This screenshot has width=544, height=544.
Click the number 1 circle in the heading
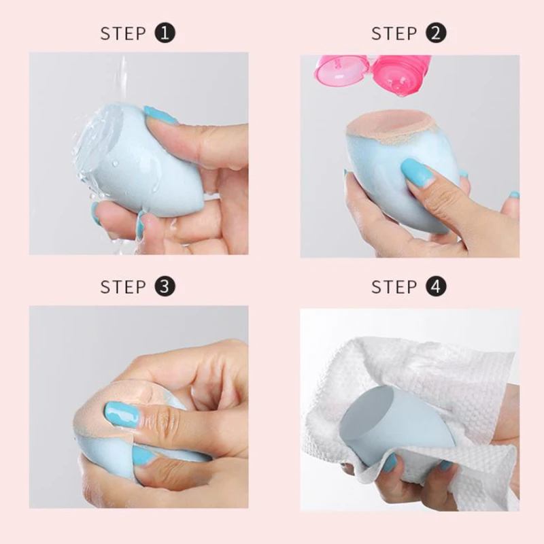(165, 33)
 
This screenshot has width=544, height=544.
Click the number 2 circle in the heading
(437, 33)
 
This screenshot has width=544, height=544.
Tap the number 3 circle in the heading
(165, 286)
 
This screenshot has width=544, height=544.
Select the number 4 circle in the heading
(437, 286)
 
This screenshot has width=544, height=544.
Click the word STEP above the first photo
(124, 33)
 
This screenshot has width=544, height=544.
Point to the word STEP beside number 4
(394, 287)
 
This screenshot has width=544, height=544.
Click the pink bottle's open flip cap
(340, 67)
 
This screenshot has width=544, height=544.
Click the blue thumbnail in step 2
(417, 173)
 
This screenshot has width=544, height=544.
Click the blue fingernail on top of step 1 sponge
(159, 115)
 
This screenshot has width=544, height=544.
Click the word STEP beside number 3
(124, 287)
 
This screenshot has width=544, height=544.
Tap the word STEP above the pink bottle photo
(394, 33)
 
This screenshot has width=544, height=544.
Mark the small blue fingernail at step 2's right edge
(514, 195)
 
